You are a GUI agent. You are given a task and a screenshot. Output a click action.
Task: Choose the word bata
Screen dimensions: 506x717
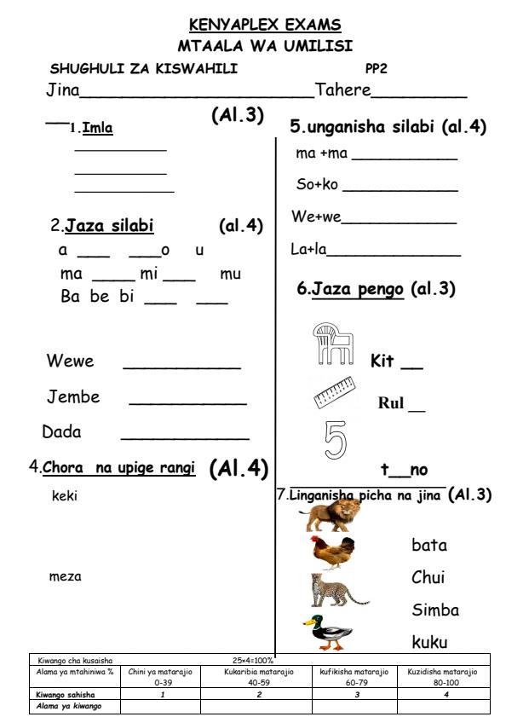(x=428, y=545)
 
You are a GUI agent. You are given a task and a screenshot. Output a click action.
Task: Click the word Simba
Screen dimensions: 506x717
(x=435, y=610)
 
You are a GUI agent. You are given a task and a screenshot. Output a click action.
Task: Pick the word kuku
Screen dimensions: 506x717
(x=429, y=641)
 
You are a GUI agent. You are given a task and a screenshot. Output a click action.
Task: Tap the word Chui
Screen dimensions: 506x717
(x=429, y=578)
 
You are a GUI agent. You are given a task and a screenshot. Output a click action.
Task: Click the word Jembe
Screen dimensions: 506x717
(x=73, y=397)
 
